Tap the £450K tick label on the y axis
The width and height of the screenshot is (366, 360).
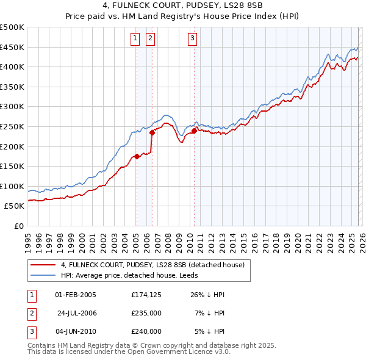[x=12, y=47]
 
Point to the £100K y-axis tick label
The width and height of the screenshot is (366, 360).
[x=12, y=186]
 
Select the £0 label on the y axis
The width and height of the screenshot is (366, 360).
[x=18, y=226]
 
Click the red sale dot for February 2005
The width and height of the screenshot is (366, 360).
[x=137, y=156]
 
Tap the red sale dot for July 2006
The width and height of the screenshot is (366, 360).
[x=152, y=132]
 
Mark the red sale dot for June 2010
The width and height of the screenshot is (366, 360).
[x=194, y=130]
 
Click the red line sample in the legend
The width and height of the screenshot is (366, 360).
[x=43, y=265]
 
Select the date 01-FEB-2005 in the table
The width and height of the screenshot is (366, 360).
[x=76, y=295]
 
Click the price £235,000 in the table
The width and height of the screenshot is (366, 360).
[x=146, y=313]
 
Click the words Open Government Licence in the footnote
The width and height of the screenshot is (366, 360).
[x=183, y=352]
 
